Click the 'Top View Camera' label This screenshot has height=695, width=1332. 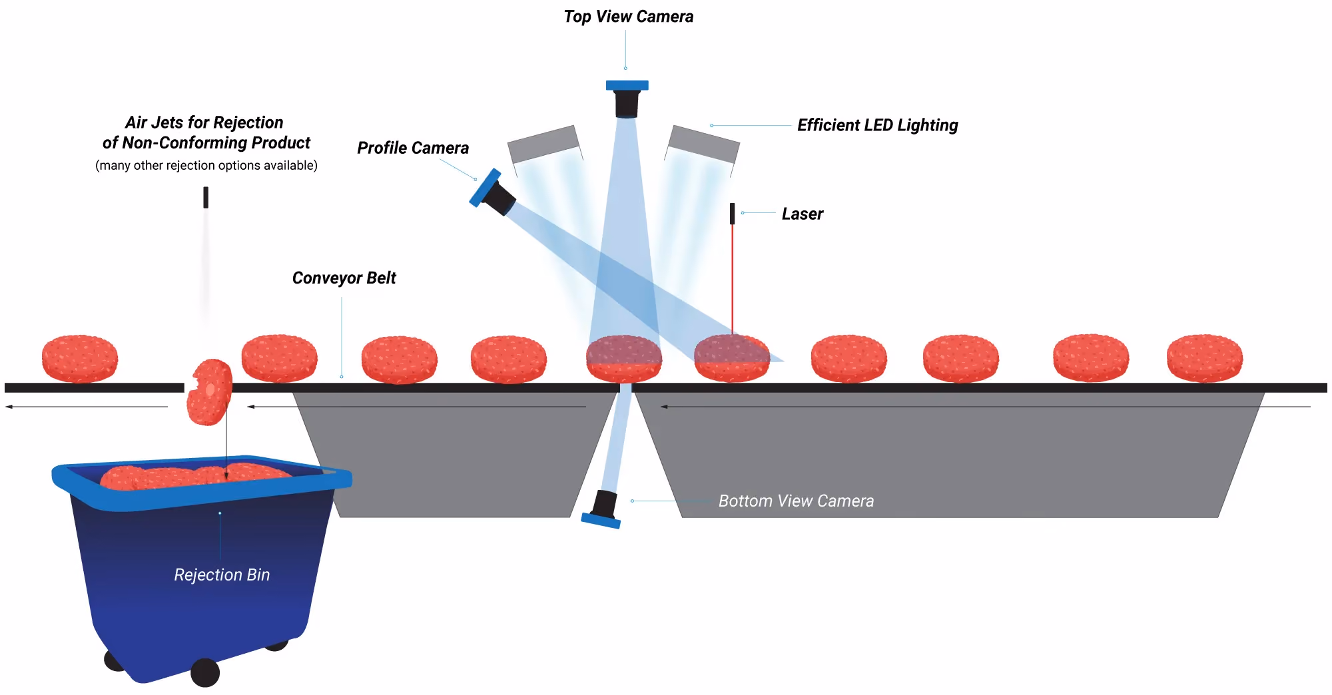point(628,17)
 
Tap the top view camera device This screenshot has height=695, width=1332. point(627,99)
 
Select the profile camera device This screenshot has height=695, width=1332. point(492,192)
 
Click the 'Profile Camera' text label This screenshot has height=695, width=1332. point(413,148)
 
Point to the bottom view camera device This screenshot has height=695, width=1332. point(602,510)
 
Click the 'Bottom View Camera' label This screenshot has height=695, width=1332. point(796,501)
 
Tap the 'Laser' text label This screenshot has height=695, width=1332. point(803,214)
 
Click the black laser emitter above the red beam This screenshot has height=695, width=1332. point(733,214)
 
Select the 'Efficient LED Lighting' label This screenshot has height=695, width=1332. point(878,125)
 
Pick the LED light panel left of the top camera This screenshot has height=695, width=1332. point(544,144)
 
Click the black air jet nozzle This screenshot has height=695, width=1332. point(206,198)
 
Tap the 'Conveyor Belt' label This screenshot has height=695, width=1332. point(344,278)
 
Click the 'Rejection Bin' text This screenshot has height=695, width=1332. point(222,575)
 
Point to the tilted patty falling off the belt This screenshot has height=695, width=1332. point(210,392)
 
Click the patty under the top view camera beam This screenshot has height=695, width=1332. point(624,359)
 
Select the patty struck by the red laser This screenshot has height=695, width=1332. point(732,358)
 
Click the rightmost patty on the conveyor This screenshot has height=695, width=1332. point(1205,358)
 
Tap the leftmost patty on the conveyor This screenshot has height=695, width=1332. point(80,359)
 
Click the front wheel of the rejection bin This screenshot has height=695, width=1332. point(205,672)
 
